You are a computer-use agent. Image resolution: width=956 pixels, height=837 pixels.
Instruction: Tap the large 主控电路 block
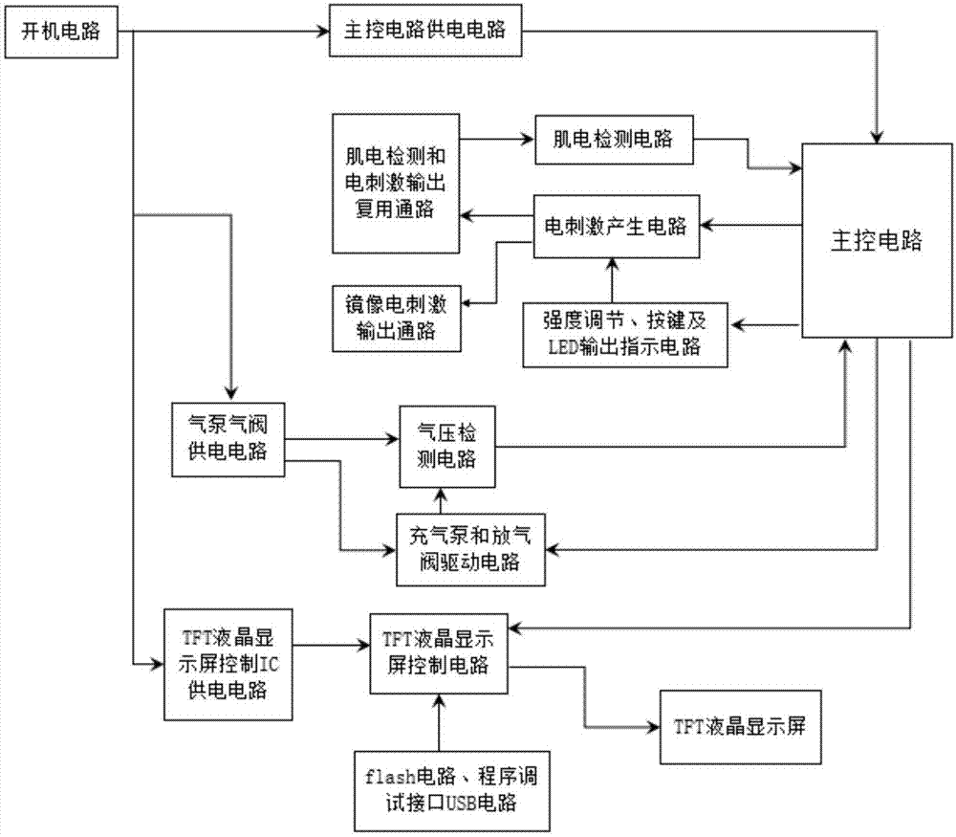pyautogui.click(x=877, y=240)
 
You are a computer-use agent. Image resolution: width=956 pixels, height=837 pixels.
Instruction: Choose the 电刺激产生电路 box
pyautogui.click(x=617, y=227)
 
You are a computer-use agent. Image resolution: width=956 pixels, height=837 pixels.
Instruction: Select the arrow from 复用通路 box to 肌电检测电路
pyautogui.click(x=497, y=140)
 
